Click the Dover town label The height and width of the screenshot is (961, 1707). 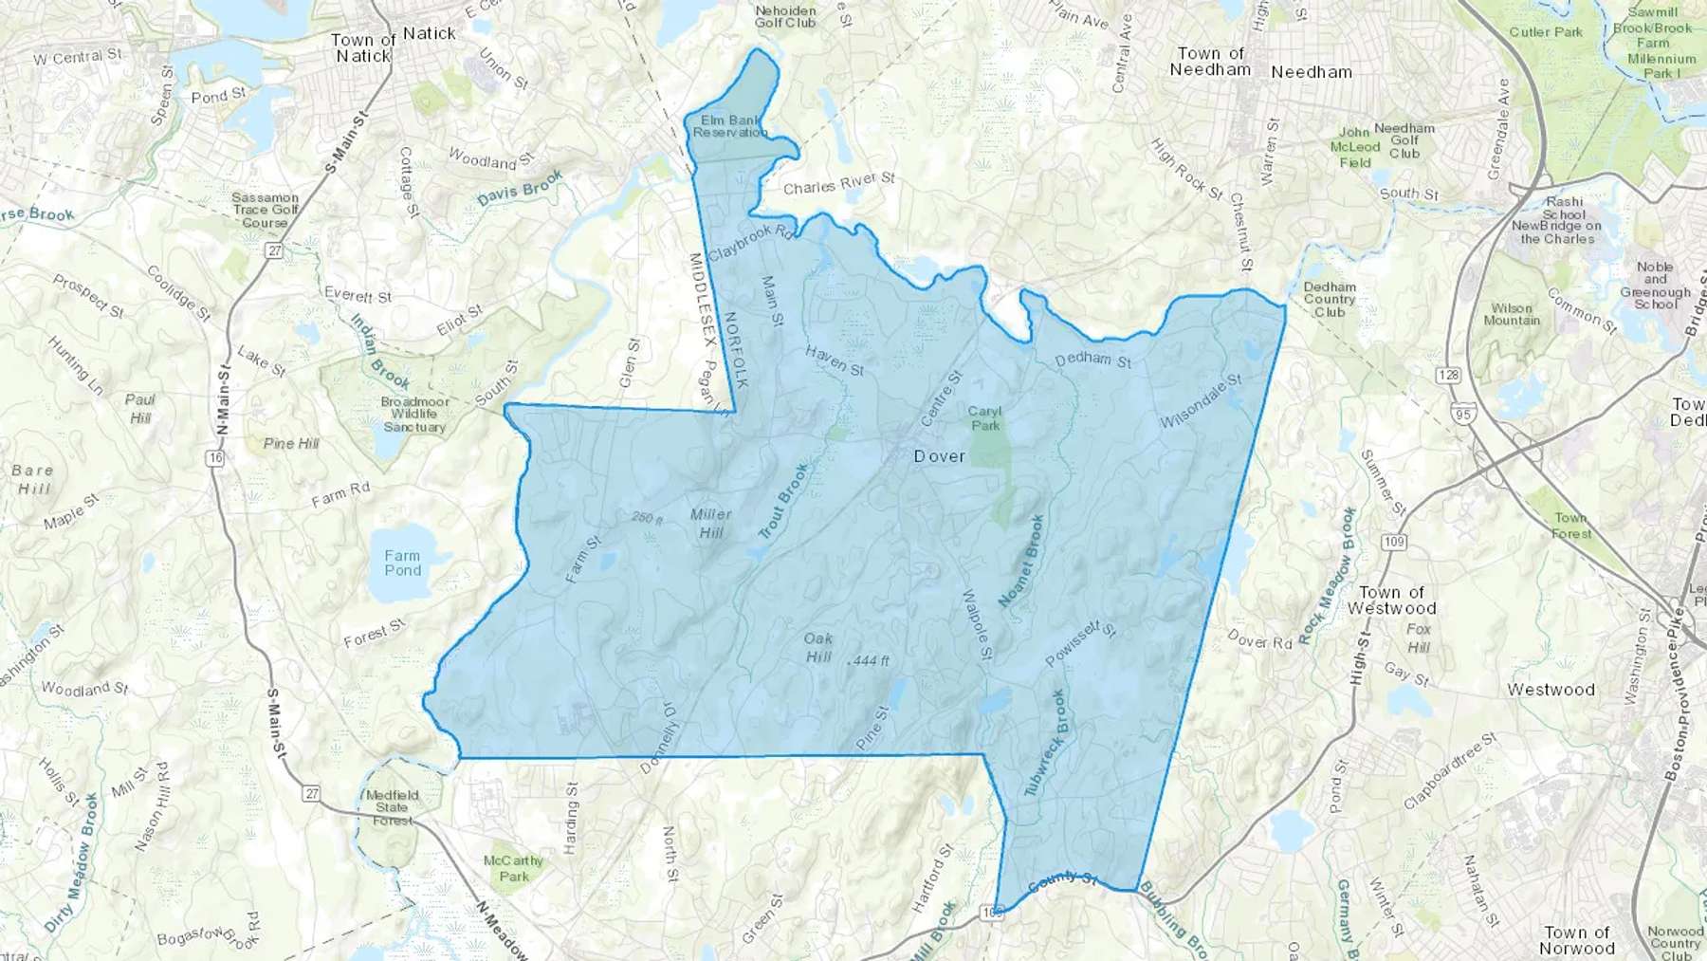point(939,456)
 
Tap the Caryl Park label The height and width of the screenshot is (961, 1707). point(984,418)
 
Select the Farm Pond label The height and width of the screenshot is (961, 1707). point(402,563)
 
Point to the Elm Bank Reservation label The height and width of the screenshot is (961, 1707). point(729,126)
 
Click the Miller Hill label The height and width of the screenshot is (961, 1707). point(710,523)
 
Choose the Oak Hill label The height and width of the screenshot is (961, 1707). point(818,647)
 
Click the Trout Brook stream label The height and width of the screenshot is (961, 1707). point(783,501)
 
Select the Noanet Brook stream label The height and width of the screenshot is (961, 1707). point(1021,561)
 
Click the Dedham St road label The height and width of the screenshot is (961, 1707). point(1092,360)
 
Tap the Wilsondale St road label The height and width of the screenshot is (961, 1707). point(1201,400)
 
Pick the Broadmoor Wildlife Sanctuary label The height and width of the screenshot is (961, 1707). point(414,415)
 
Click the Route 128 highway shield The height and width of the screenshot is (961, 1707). point(1448,375)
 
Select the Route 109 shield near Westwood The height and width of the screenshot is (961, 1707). point(1393,542)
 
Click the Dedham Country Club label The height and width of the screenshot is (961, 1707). point(1330,299)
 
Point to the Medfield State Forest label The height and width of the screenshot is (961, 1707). point(392,807)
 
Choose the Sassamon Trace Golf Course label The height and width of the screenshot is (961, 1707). point(265,210)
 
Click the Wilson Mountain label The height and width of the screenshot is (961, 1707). point(1511,314)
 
